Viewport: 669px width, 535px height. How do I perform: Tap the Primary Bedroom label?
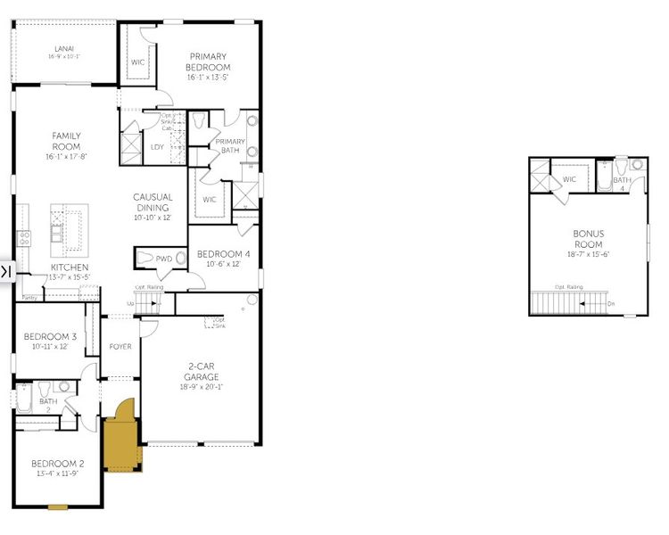(208, 62)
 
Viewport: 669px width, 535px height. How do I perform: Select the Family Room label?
(66, 141)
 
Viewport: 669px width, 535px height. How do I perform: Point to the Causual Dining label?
(153, 202)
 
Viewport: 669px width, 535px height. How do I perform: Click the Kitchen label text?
(69, 267)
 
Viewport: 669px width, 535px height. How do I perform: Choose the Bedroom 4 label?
(224, 253)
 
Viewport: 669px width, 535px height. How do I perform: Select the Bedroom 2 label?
(58, 464)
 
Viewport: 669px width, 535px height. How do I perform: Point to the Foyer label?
(120, 347)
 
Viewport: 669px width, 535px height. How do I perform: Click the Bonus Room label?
(588, 239)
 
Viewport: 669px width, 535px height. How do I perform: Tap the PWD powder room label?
(164, 259)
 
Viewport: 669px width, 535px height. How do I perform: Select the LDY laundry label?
(157, 147)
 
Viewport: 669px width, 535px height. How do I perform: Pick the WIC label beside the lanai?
(138, 62)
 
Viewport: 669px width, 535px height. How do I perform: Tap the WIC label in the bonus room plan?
(569, 179)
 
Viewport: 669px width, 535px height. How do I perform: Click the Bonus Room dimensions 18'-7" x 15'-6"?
(588, 254)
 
